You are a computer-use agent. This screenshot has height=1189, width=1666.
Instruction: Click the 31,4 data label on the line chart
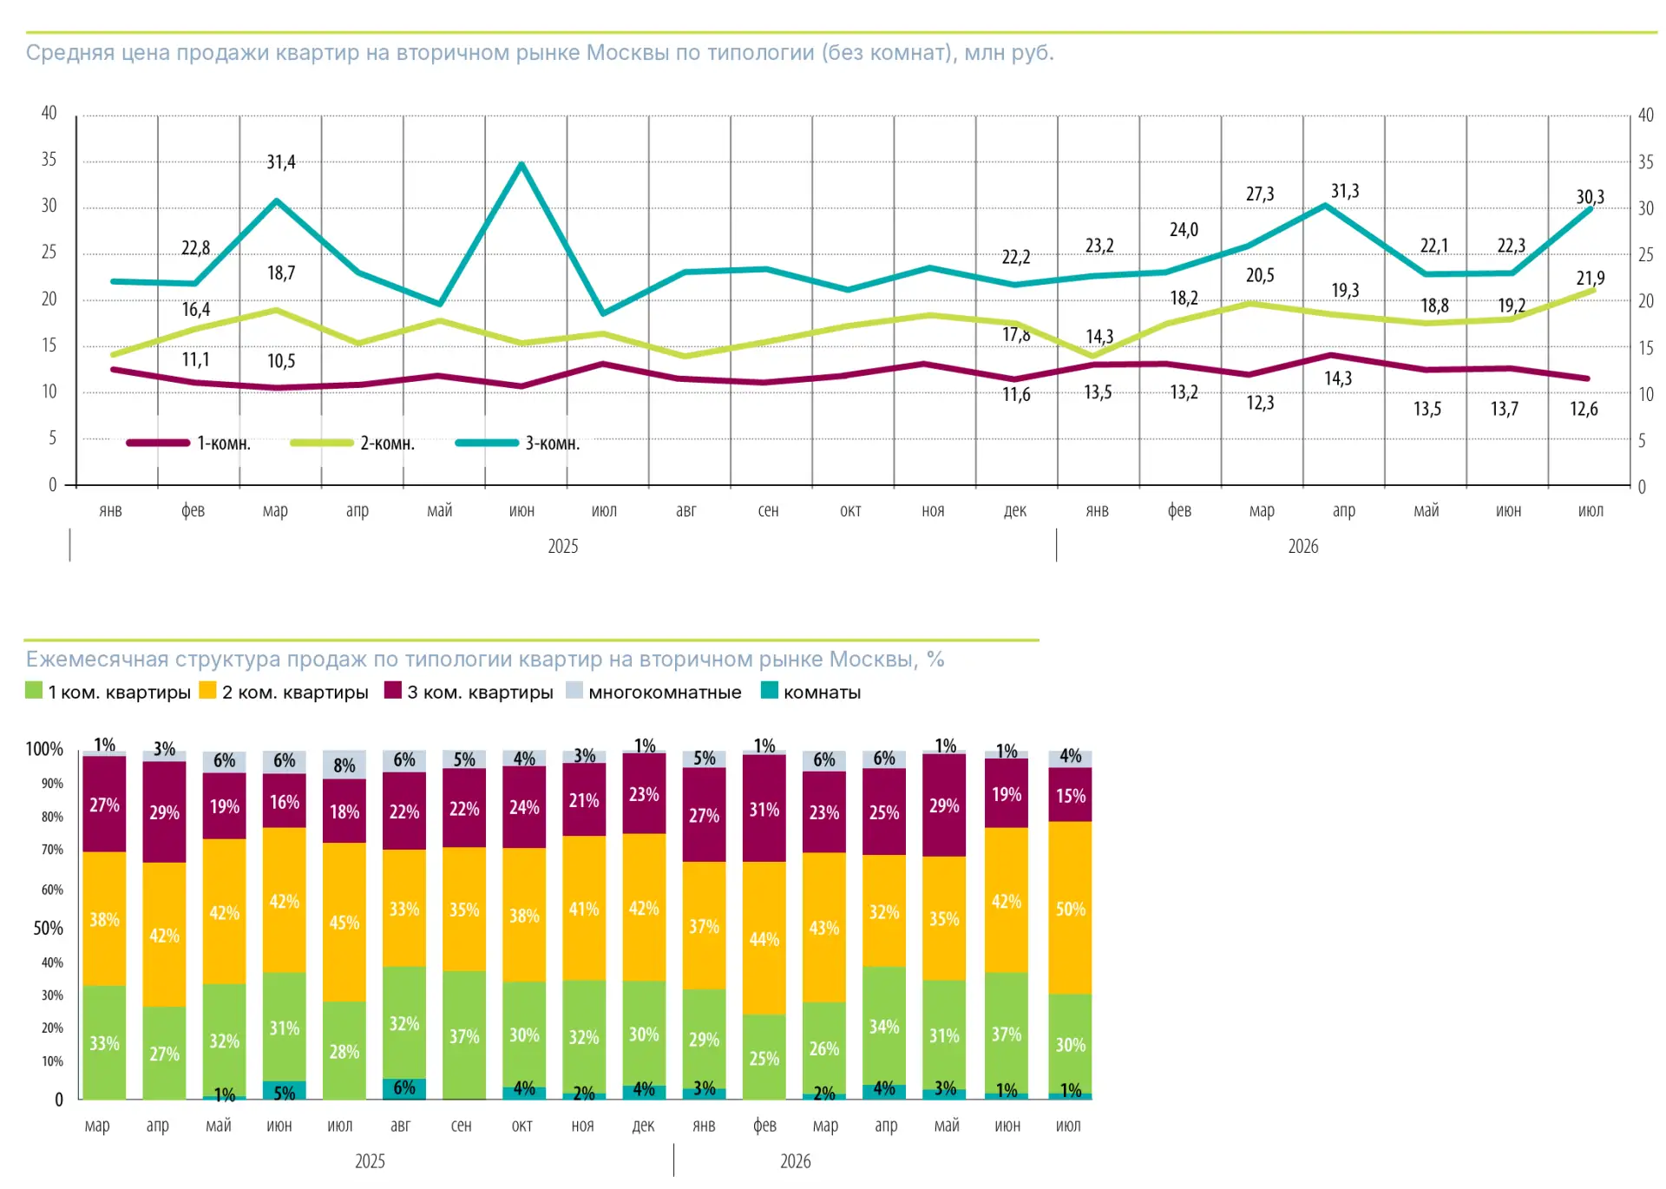(281, 162)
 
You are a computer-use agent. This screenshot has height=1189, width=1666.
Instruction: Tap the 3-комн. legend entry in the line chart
(518, 443)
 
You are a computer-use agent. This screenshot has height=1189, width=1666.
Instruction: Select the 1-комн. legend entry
(188, 443)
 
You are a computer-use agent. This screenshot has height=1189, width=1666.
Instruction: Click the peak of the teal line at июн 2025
(521, 163)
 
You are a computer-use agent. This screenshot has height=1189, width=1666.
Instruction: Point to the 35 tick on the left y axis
(49, 160)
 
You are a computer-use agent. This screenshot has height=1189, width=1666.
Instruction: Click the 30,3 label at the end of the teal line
(1591, 197)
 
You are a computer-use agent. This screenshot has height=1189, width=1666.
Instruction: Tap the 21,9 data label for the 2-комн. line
(1591, 279)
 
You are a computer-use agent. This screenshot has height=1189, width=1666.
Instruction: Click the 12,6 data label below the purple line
(1584, 409)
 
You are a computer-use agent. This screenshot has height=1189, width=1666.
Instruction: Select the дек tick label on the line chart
(1015, 510)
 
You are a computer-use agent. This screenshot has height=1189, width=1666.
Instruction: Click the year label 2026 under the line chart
(1303, 546)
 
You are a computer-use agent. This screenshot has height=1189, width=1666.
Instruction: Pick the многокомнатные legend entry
(654, 692)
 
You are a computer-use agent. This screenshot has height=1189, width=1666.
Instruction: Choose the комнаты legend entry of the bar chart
(811, 692)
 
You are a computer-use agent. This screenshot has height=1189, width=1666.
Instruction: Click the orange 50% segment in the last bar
(1070, 908)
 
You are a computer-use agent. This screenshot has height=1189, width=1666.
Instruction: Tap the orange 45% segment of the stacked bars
(344, 923)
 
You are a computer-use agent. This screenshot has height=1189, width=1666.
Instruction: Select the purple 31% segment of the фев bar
(764, 808)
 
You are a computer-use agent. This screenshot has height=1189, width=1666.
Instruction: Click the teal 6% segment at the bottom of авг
(404, 1089)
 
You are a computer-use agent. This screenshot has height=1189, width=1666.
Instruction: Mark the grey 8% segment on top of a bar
(344, 765)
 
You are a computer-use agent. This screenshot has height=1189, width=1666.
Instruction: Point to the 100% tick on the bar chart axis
(44, 749)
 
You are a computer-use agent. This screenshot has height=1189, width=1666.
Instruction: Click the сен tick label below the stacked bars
(462, 1126)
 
